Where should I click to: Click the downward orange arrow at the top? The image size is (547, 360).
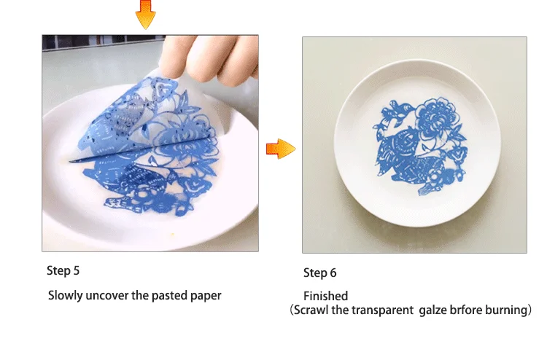coord(145,14)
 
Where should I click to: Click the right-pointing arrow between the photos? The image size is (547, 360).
coord(281,149)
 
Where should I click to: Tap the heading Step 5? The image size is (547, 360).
coord(63,271)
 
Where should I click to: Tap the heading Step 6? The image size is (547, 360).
coord(320,273)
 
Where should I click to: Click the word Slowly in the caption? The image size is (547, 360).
coord(66,296)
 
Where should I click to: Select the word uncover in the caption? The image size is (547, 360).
coord(107,296)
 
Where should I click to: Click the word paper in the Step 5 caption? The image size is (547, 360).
coord(206,297)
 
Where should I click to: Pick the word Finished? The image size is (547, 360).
coord(326,296)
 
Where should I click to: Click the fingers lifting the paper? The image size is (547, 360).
coord(209,59)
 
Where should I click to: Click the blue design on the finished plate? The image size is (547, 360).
coord(419,146)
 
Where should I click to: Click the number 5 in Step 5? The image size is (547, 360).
coord(77,271)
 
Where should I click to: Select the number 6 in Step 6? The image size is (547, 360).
coord(333,273)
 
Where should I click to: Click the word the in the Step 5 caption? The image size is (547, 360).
coord(140,296)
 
